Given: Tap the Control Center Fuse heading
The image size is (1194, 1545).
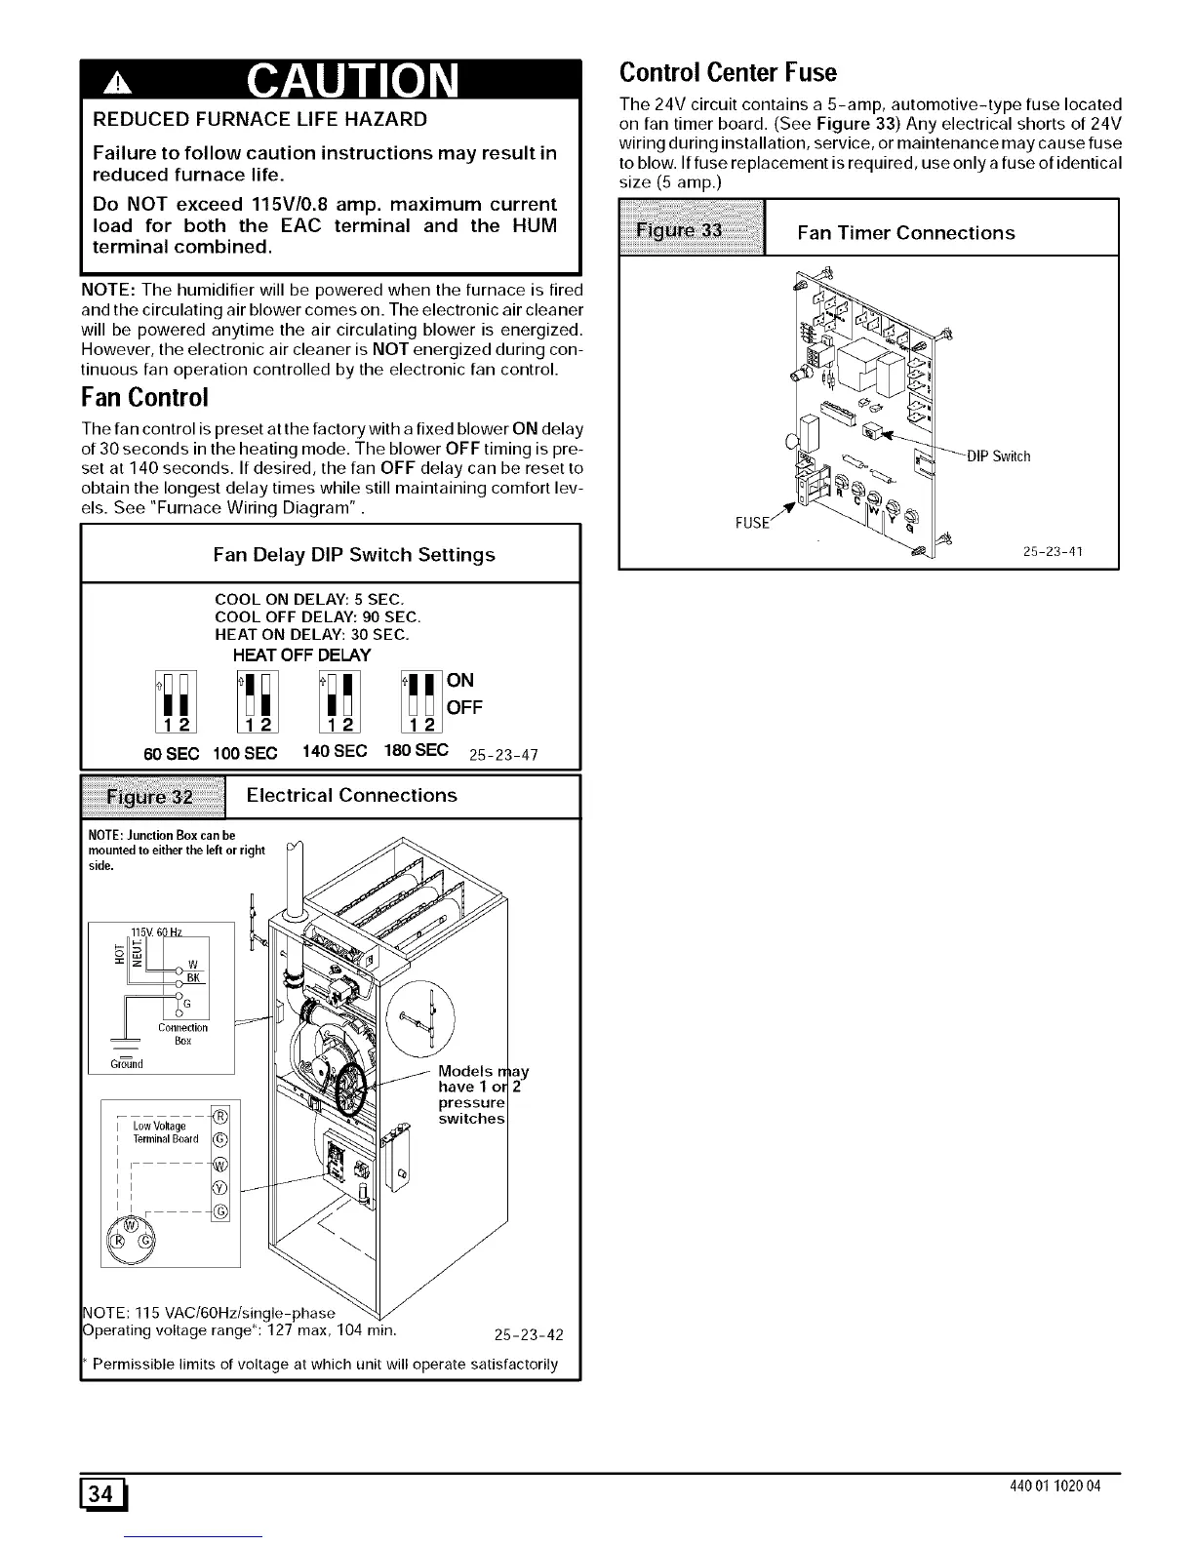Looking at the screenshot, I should click(729, 72).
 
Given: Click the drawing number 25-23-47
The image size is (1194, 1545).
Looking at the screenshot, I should click(504, 754).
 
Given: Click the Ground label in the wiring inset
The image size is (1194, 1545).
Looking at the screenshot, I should click(127, 1064).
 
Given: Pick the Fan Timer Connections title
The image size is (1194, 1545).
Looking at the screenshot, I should click(905, 233).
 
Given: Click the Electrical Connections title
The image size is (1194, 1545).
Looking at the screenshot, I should click(351, 795).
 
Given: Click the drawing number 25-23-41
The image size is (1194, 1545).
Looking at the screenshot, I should click(1054, 552).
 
